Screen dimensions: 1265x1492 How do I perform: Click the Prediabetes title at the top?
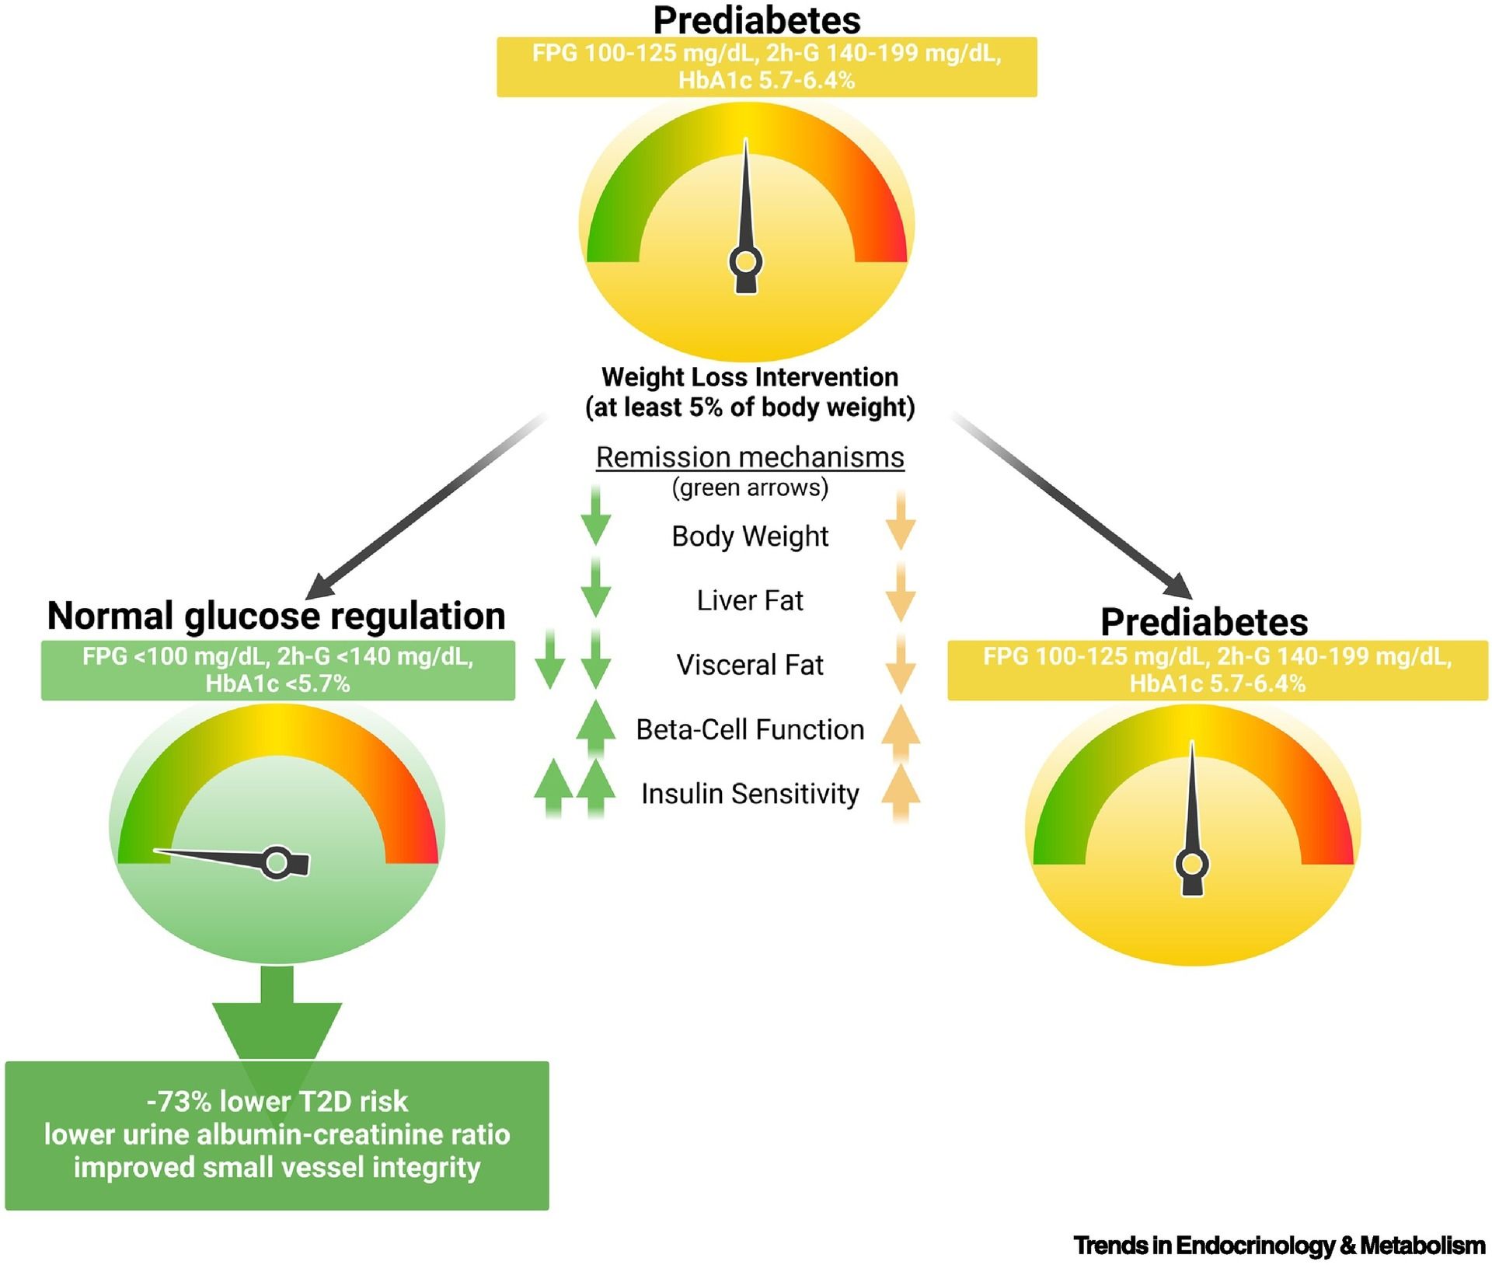756,21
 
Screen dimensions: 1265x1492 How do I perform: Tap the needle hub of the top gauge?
746,262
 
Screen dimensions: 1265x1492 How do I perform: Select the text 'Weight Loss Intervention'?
750,377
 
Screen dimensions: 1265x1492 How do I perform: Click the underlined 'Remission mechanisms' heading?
750,457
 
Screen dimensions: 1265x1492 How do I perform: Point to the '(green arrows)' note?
750,487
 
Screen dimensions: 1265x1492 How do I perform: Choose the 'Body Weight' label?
750,536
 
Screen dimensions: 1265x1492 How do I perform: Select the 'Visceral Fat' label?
750,665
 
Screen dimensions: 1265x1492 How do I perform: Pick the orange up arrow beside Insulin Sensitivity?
901,790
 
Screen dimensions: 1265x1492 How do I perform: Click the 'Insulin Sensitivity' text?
750,794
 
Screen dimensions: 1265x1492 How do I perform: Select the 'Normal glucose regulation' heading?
276,616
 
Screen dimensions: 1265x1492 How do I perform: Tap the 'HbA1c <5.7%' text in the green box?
277,684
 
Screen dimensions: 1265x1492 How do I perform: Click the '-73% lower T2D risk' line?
277,1101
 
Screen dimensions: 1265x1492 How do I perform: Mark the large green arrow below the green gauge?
277,1019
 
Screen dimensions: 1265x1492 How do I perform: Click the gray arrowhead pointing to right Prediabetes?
1177,587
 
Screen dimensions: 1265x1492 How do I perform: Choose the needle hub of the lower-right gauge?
1192,864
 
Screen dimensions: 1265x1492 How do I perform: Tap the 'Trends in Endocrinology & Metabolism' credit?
1278,1246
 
